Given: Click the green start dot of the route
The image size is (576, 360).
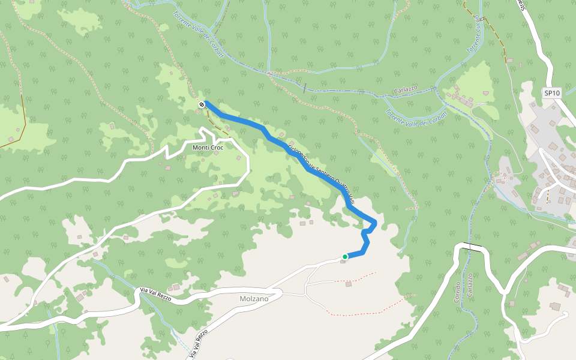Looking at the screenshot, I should click(345, 257).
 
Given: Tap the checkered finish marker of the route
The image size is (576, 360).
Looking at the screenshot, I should click(202, 105).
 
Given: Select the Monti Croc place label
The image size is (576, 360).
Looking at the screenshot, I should click(208, 148).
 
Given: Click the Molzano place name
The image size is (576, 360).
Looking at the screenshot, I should click(253, 298).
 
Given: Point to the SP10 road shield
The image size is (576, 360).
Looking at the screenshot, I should click(551, 93).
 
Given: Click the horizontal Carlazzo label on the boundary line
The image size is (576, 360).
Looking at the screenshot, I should click(406, 89).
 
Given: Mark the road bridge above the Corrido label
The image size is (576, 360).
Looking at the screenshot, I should click(472, 247).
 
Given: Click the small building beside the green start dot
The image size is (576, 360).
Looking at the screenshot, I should click(343, 262).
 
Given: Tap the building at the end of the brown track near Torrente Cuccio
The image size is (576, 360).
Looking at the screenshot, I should click(510, 61).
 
